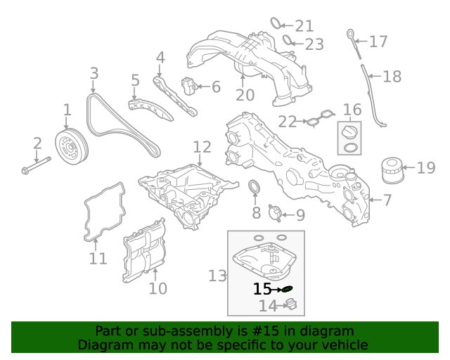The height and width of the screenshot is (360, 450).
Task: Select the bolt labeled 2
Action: pyautogui.click(x=35, y=165)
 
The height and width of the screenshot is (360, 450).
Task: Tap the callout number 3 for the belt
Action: pyautogui.click(x=94, y=73)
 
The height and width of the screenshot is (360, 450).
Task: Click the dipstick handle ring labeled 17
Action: pyautogui.click(x=349, y=33)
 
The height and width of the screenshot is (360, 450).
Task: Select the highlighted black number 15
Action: pyautogui.click(x=262, y=289)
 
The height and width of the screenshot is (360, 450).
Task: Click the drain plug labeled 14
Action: pyautogui.click(x=290, y=304)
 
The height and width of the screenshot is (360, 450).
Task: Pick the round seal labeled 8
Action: pyautogui.click(x=256, y=188)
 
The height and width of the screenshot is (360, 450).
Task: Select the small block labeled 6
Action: pyautogui.click(x=188, y=86)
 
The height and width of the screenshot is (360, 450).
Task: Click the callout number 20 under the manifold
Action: pyautogui.click(x=245, y=95)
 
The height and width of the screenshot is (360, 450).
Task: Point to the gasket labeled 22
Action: pyautogui.click(x=321, y=120)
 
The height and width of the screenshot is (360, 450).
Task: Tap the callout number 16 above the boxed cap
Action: pyautogui.click(x=352, y=109)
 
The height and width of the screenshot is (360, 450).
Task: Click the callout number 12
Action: pyautogui.click(x=202, y=146)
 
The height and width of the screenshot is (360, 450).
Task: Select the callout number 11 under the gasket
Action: pyautogui.click(x=98, y=259)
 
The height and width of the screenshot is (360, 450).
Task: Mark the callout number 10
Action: pyautogui.click(x=157, y=288)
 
